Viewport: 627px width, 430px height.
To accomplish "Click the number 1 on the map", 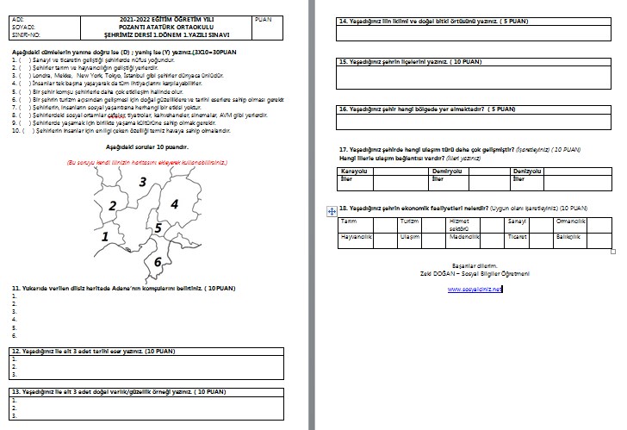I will (105, 235).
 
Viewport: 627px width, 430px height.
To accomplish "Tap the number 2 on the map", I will (113, 205).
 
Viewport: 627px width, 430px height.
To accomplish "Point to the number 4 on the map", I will (174, 203).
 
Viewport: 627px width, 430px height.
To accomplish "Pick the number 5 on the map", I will (158, 228).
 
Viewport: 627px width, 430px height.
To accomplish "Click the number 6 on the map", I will (157, 261).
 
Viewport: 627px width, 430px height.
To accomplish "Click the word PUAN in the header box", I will (264, 18).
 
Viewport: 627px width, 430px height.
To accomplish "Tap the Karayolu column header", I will (354, 171).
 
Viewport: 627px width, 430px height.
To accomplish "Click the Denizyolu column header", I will (529, 171).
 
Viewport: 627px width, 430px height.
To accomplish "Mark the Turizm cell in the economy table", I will (409, 221).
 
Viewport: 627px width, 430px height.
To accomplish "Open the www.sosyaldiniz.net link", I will (475, 289).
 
